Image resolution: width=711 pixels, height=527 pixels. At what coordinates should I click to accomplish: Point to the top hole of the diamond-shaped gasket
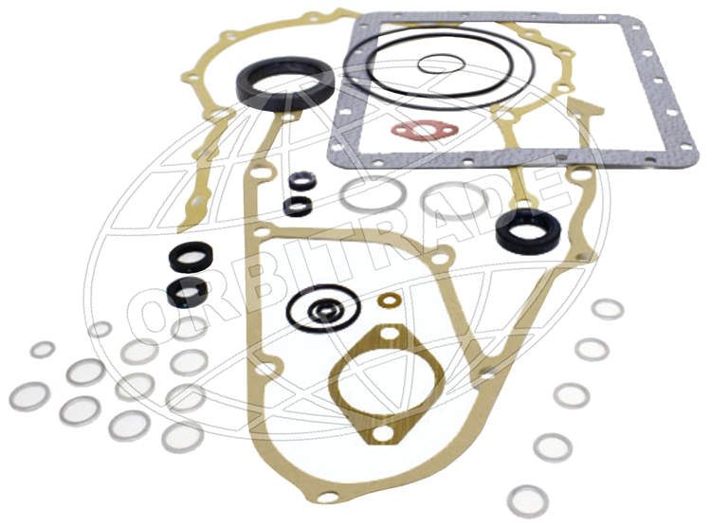tap(390, 334)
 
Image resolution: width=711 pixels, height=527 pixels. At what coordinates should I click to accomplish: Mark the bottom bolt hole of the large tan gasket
tap(328, 497)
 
